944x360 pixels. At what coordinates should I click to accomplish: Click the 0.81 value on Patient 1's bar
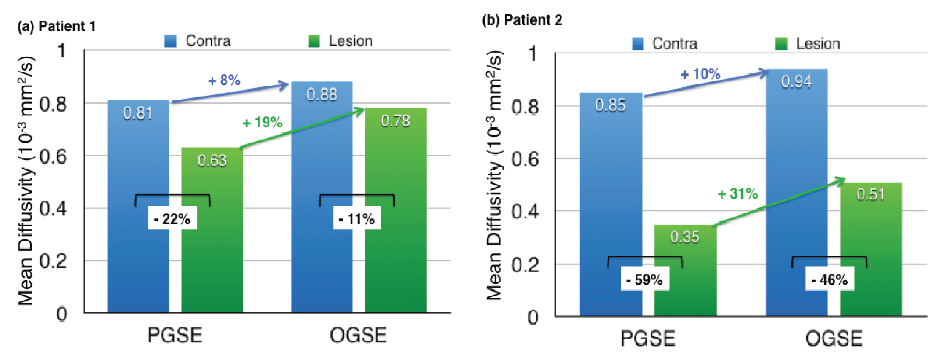[x=138, y=113]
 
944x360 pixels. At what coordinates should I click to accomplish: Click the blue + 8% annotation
[x=224, y=80]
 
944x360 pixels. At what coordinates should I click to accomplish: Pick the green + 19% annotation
[x=263, y=122]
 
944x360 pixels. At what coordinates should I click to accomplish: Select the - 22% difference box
[x=172, y=218]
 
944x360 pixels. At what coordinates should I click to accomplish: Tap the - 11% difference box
[x=357, y=218]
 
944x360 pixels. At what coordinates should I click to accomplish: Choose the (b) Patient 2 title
[x=522, y=20]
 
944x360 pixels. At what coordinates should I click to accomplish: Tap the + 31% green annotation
[x=738, y=194]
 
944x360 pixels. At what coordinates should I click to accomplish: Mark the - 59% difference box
[x=644, y=280]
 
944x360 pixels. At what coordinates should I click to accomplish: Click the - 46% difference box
[x=829, y=280]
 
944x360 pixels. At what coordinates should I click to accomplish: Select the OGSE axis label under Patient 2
[x=834, y=338]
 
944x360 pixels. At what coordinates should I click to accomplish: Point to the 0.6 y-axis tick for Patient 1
[x=53, y=156]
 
